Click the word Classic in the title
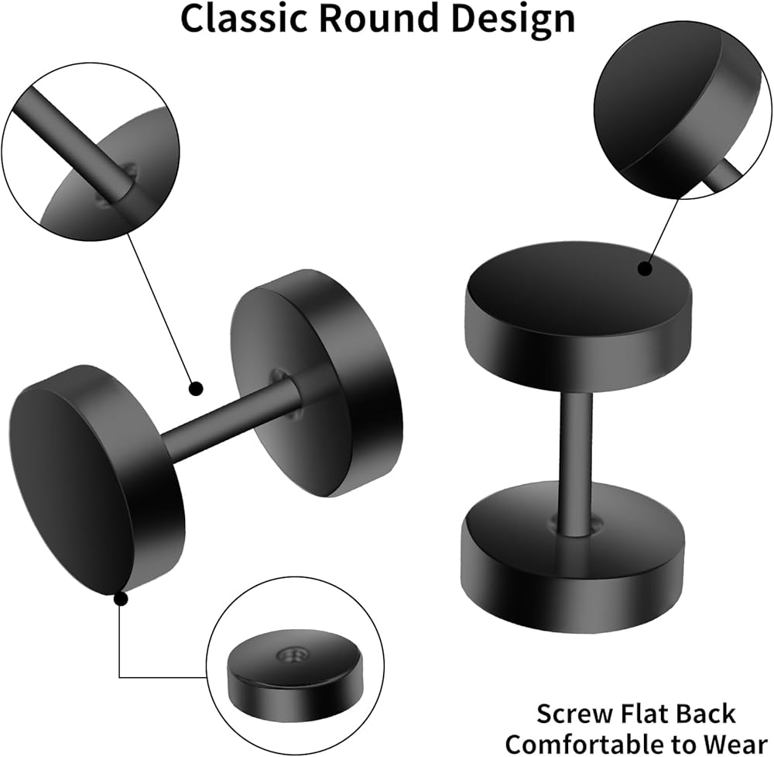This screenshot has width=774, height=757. pos(245,19)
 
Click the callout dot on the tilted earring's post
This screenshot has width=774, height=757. pos(197,388)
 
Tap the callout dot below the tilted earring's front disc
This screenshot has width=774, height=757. pos(121,599)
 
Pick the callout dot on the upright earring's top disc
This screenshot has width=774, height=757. pos(645,269)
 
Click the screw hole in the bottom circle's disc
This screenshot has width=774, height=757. pos(295,655)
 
